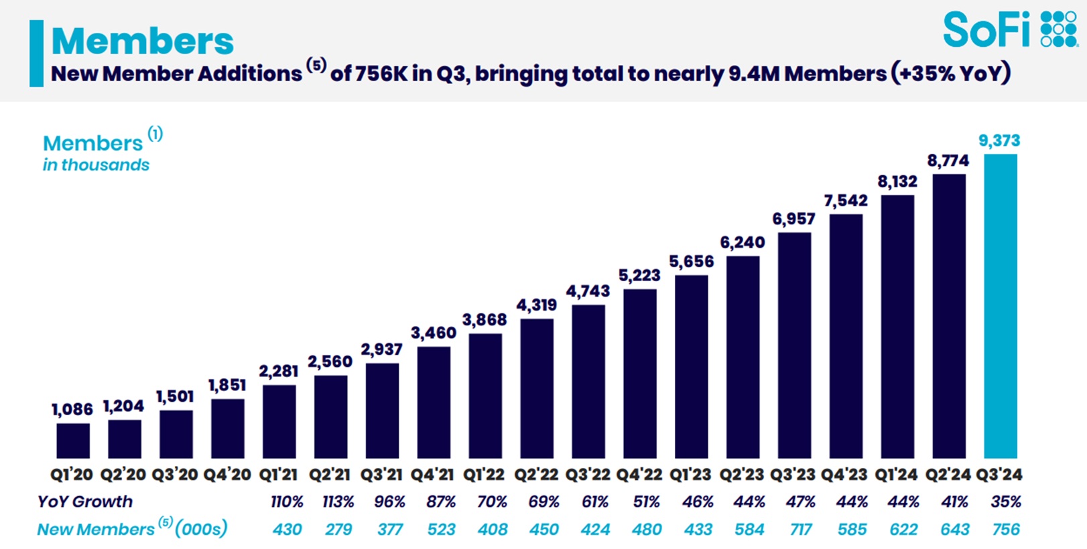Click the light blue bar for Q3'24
[1000, 306]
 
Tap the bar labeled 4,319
[537, 388]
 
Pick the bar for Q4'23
[846, 336]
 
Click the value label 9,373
[999, 141]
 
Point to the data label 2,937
[381, 349]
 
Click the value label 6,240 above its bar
[743, 242]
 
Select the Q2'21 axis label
[330, 475]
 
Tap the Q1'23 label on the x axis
[690, 475]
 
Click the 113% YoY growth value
[338, 501]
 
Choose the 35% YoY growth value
[1006, 501]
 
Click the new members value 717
[801, 530]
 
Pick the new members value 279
[338, 530]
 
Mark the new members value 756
[1006, 530]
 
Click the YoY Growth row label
[85, 501]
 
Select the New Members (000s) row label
[132, 529]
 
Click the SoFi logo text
[986, 30]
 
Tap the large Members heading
[142, 41]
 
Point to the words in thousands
[96, 165]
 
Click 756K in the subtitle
[381, 73]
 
